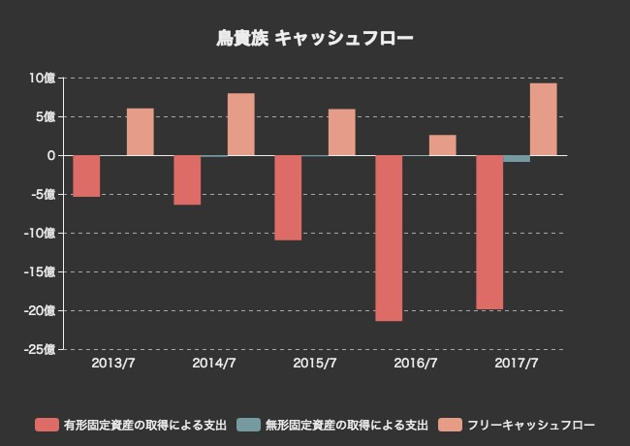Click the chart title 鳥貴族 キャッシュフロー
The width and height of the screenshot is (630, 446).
coord(315,39)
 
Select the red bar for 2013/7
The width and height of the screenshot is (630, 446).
coord(86,175)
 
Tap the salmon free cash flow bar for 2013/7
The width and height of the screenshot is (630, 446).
coord(140,132)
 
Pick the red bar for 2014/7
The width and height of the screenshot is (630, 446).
coord(187,179)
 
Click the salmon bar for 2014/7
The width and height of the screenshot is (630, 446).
coord(240,124)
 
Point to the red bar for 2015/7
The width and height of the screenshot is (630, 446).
coord(288,197)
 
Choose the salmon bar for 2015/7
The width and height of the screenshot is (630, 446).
coord(341,132)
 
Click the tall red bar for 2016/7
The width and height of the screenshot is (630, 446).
coord(389,238)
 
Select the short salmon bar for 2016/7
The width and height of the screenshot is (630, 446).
coord(442,144)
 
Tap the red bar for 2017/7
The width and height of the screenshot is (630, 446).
coord(489,232)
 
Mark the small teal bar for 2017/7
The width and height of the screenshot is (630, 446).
coord(517,158)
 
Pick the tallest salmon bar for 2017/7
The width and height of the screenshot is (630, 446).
coord(543,119)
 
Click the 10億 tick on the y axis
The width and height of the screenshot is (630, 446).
coord(42,78)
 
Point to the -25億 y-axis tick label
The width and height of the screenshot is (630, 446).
coord(40,349)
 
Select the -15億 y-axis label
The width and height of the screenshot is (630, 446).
coord(40,271)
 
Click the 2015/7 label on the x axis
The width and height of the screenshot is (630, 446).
coord(315,364)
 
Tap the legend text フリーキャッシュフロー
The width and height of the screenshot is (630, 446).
coord(530,425)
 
